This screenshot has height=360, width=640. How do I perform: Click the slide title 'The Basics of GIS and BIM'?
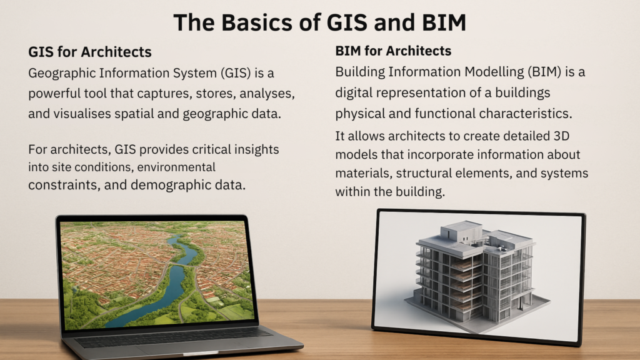[x=319, y=22]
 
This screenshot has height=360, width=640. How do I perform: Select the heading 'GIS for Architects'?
[x=90, y=52]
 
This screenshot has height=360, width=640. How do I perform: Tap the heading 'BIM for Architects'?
[x=393, y=51]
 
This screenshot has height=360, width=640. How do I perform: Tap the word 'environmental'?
[x=176, y=167]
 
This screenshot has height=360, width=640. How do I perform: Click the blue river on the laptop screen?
[x=171, y=282]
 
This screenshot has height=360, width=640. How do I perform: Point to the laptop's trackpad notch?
[x=201, y=353]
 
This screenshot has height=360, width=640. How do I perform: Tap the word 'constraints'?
[x=63, y=185]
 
